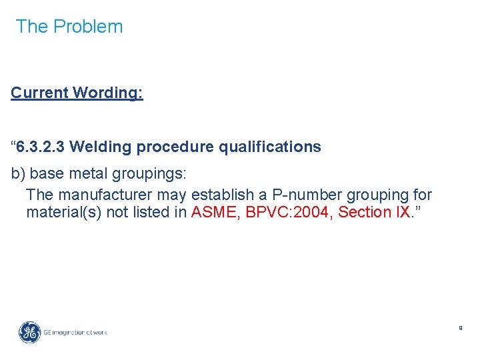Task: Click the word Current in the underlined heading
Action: [39, 93]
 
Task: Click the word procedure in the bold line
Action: [170, 147]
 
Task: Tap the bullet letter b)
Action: [18, 174]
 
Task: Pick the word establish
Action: [219, 195]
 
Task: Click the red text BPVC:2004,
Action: [289, 212]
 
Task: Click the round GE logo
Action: [29, 331]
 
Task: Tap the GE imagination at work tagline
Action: [75, 332]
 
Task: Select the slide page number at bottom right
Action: [460, 328]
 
